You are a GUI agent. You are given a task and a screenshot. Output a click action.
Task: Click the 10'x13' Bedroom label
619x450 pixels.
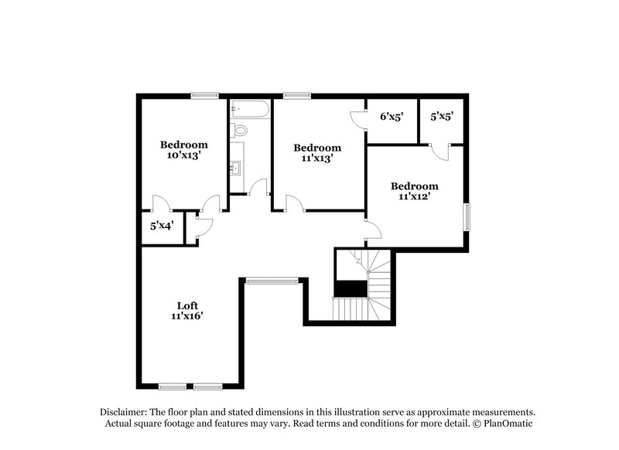click(184, 150)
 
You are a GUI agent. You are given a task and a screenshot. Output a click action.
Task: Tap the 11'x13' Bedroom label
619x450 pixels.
click(317, 153)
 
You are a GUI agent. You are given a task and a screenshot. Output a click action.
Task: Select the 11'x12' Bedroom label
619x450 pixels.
click(414, 191)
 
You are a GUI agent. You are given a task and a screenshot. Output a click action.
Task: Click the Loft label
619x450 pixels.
click(188, 310)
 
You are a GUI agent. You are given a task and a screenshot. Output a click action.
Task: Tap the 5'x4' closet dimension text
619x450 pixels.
click(162, 227)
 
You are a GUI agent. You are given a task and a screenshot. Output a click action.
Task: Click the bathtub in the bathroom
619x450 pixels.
click(249, 110)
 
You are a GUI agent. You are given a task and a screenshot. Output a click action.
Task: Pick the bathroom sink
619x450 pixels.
click(237, 165)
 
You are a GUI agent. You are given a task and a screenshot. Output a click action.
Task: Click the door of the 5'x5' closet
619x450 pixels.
click(439, 151)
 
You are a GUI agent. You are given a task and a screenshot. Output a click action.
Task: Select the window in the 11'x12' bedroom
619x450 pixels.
click(467, 216)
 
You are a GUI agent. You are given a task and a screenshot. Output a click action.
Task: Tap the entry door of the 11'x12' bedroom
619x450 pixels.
click(373, 228)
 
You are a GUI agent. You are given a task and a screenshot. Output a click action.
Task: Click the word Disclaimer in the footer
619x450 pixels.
click(125, 412)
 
